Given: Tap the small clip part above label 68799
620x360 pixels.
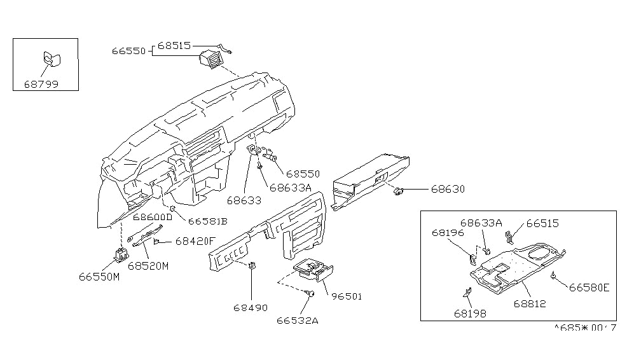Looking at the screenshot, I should point(50,60).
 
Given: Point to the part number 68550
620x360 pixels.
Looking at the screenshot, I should point(302,173).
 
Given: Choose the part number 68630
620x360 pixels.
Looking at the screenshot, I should point(448,189).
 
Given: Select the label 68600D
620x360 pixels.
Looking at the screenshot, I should point(153,217).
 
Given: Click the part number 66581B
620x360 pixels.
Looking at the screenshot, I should point(207,221).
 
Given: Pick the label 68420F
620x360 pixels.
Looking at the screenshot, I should point(196,241).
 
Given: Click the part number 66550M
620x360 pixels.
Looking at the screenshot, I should point(100,277).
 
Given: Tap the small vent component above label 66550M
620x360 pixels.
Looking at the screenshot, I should point(120,256).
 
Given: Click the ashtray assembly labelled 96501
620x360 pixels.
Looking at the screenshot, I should point(311,270).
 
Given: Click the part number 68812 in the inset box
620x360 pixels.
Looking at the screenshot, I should point(530,304).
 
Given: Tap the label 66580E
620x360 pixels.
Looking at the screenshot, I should point(589,287).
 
